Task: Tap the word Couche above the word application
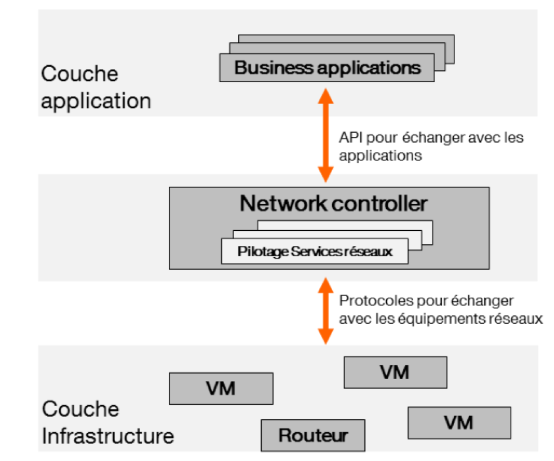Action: pos(79,74)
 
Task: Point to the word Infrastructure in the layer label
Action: pos(108,436)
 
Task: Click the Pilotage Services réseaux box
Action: pos(314,252)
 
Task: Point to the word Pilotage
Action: pos(263,252)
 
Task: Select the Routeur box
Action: pos(312,435)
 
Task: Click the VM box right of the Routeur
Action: pos(459,422)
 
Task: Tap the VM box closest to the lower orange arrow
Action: pos(395,372)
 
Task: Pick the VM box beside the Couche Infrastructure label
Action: pos(221,388)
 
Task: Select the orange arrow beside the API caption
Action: pos(325,135)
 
